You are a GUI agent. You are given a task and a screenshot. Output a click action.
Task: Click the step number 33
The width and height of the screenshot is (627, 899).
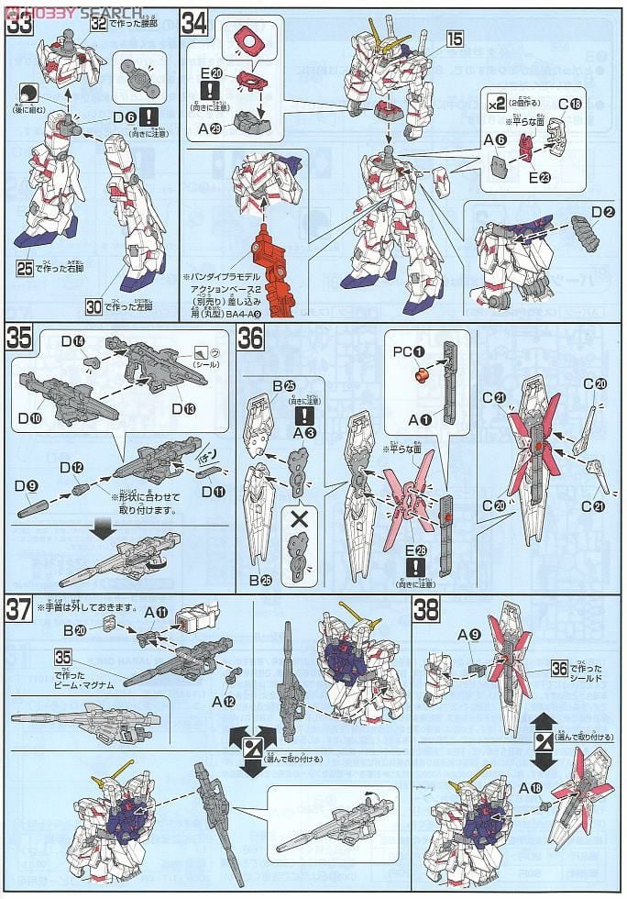pos(18,22)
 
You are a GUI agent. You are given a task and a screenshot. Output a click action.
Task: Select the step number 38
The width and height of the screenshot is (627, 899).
pos(427,608)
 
